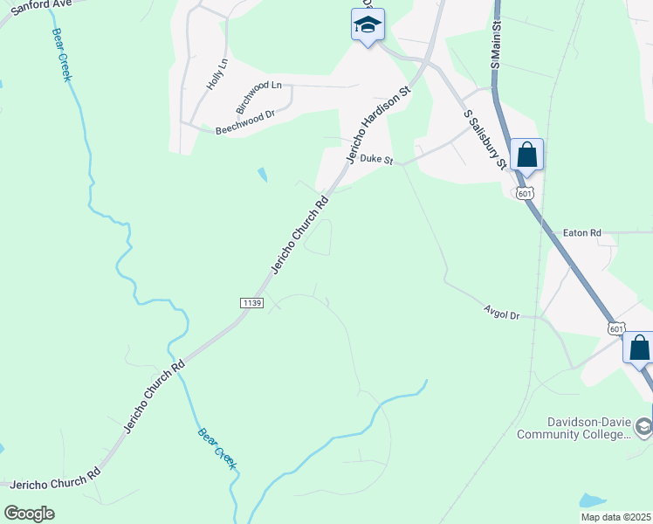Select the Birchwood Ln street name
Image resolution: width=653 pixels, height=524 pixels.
click(259, 95)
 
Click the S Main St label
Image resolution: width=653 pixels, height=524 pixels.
click(495, 47)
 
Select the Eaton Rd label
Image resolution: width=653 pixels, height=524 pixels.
click(582, 233)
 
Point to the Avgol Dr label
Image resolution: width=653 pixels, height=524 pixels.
click(501, 312)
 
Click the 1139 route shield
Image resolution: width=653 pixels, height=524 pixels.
click(251, 302)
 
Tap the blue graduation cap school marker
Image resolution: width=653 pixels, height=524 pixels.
click(368, 26)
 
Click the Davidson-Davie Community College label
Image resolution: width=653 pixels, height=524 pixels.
click(571, 427)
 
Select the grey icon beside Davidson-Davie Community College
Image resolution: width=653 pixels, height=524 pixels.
click(643, 427)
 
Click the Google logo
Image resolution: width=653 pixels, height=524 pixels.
click(29, 514)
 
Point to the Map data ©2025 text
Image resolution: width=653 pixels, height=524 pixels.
click(615, 517)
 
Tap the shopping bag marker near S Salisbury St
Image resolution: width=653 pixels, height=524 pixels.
click(526, 155)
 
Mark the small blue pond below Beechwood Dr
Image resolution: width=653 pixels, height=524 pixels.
click(263, 175)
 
